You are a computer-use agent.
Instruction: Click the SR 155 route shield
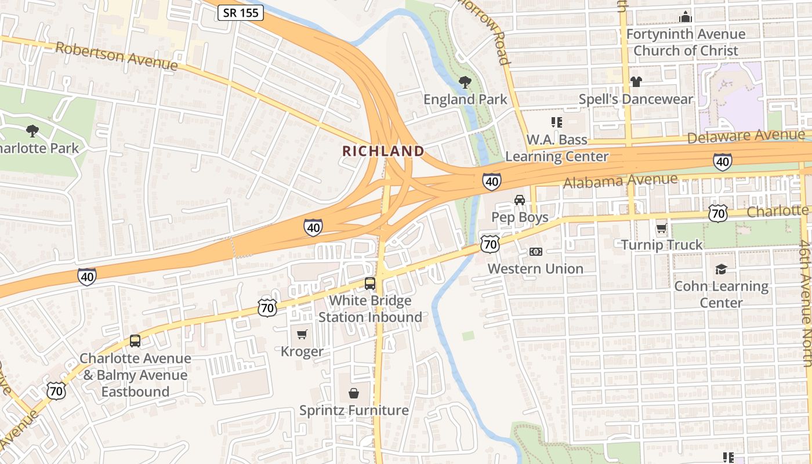[241, 12]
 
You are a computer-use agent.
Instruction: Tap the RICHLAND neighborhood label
[383, 151]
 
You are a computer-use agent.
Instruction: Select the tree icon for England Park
[465, 82]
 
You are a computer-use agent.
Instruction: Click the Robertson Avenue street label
[116, 56]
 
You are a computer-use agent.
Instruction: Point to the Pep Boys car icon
[520, 200]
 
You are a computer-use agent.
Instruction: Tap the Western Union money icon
[536, 252]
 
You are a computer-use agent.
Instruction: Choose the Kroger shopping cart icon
[302, 335]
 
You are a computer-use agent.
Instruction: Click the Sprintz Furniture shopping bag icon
[353, 394]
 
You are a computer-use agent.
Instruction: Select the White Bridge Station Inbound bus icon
[369, 284]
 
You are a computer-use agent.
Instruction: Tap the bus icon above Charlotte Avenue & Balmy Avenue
[135, 341]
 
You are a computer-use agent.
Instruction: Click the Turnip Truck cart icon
[661, 228]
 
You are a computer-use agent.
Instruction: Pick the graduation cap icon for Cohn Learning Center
[721, 269]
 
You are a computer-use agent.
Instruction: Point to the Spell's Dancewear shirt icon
[636, 82]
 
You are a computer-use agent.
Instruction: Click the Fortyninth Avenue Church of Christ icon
[686, 17]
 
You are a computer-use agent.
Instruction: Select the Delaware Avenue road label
[746, 136]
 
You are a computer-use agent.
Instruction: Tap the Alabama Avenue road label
[620, 181]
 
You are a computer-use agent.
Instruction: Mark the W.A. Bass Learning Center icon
[556, 122]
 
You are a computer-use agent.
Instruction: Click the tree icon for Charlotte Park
[32, 131]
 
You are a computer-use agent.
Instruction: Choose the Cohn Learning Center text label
[721, 294]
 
